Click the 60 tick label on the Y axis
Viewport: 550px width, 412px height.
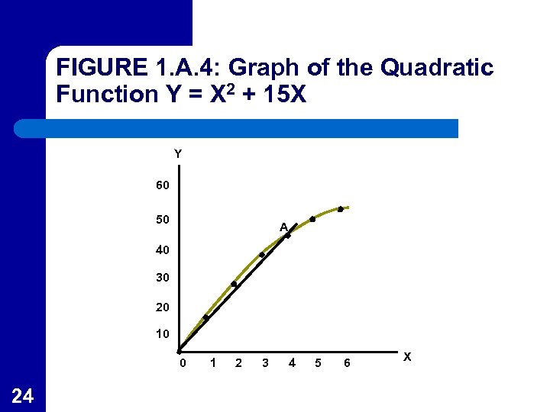162,186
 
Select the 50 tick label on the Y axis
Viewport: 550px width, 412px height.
162,220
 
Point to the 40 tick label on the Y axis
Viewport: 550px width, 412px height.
162,250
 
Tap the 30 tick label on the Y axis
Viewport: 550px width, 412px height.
162,278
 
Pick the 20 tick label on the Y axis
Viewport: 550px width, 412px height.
162,307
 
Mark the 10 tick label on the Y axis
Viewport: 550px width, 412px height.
162,334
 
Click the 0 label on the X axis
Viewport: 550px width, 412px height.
182,363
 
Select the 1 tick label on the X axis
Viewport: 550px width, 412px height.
212,363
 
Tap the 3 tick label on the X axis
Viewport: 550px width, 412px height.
265,363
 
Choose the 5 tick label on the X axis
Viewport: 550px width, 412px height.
319,363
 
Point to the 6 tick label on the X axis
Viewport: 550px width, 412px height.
347,363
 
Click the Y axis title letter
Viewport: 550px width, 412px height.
177,154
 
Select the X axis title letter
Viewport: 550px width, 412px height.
407,356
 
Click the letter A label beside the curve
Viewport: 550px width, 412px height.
283,227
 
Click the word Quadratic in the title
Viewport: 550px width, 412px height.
437,69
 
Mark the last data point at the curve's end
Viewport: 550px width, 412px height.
341,208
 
